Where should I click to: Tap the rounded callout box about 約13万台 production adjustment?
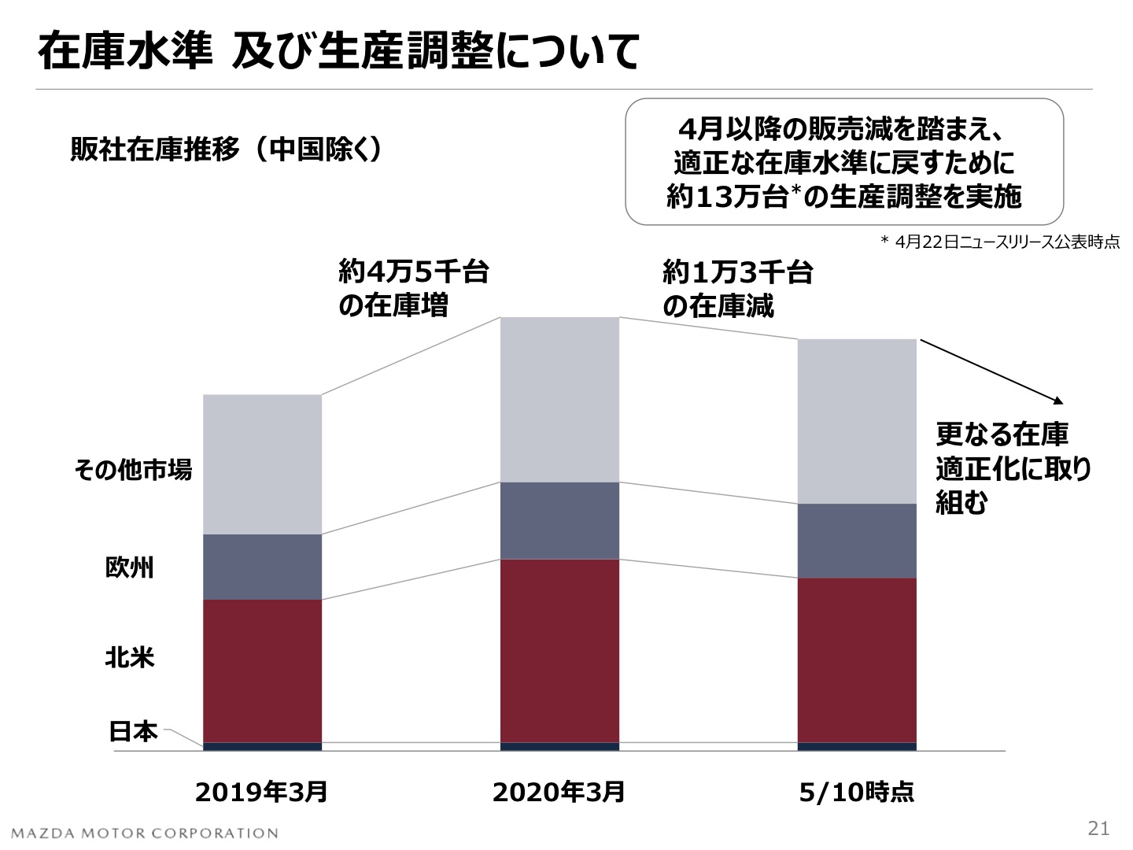843,162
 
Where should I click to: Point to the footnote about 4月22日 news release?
999,242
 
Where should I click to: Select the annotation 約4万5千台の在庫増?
413,288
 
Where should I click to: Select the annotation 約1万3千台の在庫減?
737,288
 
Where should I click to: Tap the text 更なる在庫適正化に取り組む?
1012,468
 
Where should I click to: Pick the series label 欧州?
130,567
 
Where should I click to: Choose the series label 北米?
130,657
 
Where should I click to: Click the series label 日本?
133,732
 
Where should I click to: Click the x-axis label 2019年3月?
261,791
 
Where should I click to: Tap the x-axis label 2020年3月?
559,791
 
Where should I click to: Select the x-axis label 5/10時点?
856,791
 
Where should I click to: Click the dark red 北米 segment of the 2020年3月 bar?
559,650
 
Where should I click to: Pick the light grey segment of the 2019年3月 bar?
262,464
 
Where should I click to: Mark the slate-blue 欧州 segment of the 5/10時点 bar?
857,541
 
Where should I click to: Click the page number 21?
1098,828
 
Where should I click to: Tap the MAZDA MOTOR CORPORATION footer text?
145,833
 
